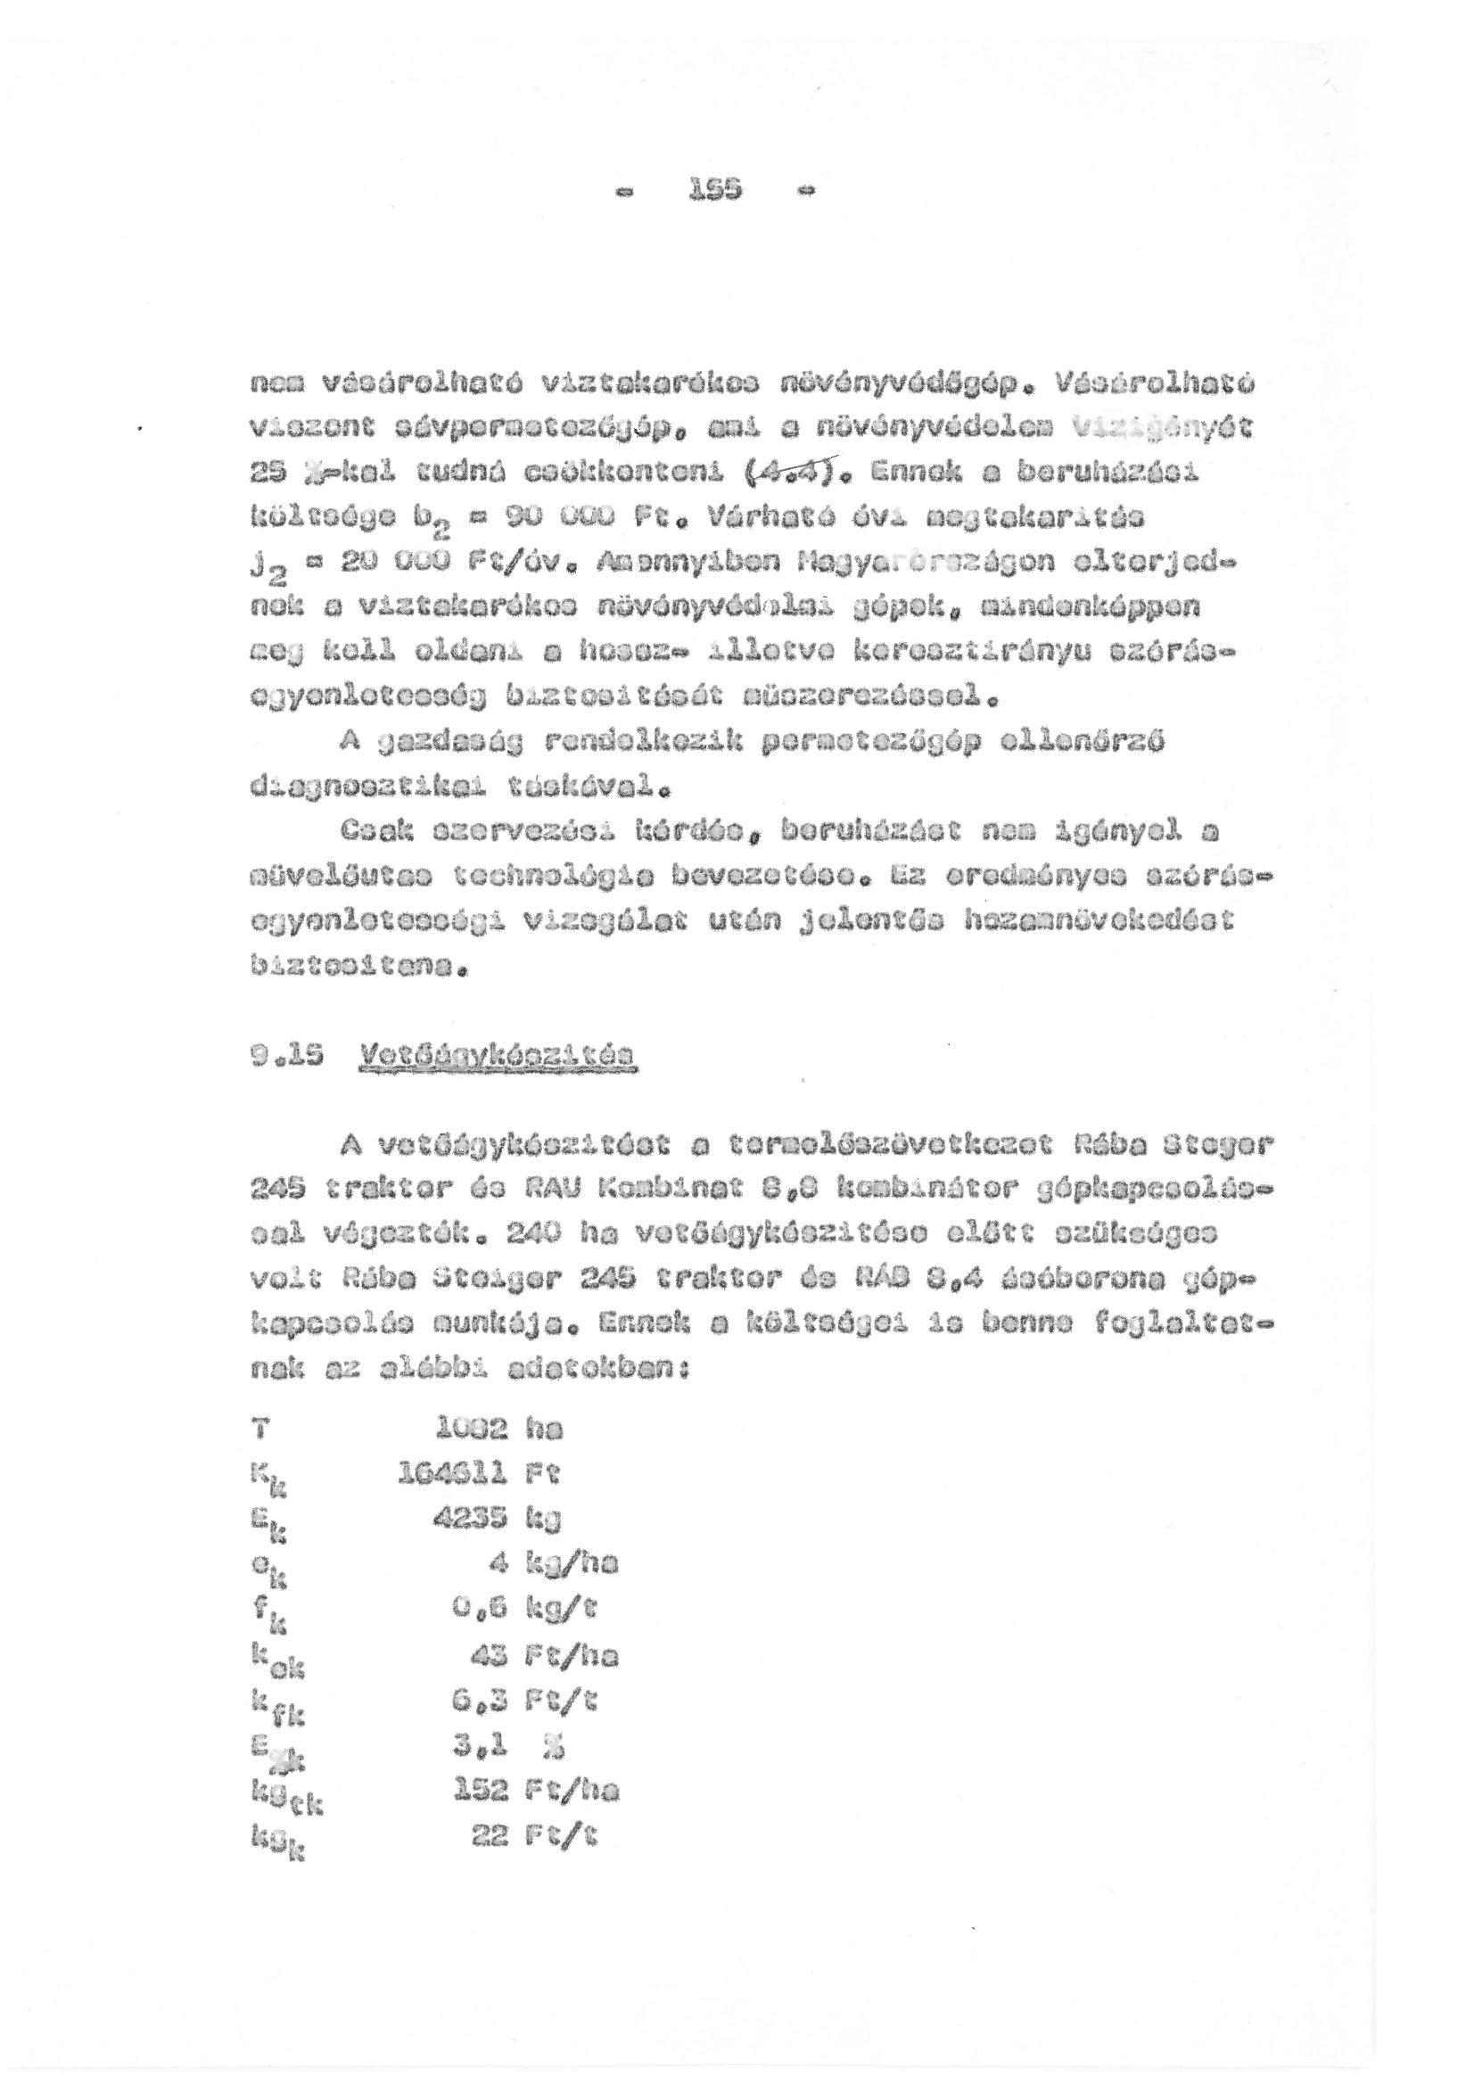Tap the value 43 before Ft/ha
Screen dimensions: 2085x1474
tap(490, 1654)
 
